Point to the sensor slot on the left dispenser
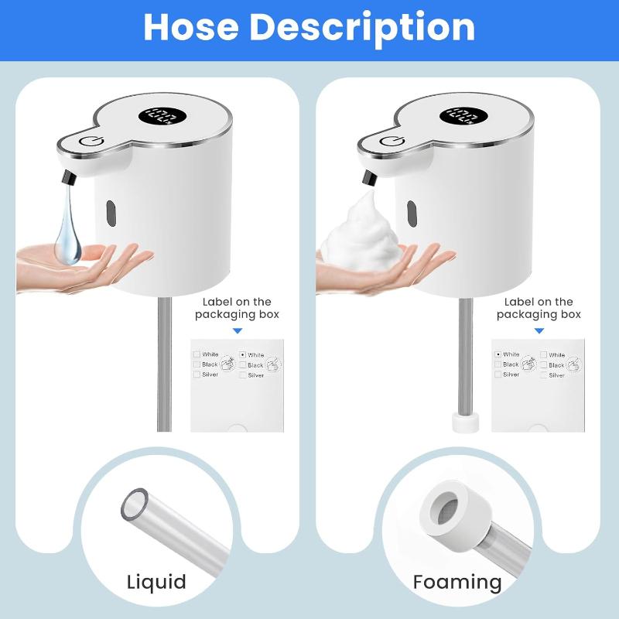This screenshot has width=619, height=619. (x=111, y=211)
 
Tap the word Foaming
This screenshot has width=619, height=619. (x=457, y=582)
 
